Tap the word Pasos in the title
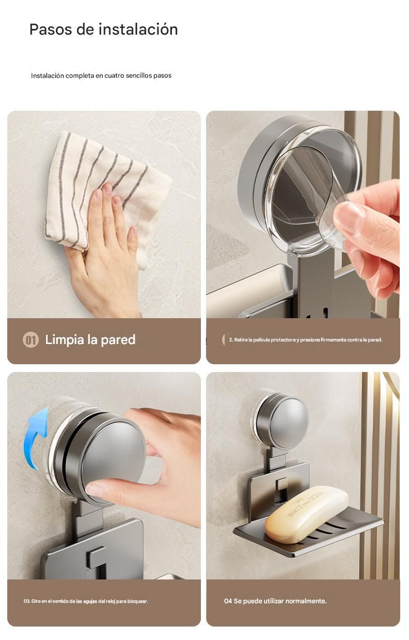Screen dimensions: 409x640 coord(50,29)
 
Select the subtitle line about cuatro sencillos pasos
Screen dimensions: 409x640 coord(101,76)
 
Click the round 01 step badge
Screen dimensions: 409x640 coord(31,340)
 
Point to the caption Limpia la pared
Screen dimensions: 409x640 coord(90,340)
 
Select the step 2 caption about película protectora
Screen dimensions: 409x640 coord(305,340)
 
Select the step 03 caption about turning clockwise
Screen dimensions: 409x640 coord(86,601)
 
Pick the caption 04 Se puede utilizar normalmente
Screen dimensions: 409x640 coord(275,601)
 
